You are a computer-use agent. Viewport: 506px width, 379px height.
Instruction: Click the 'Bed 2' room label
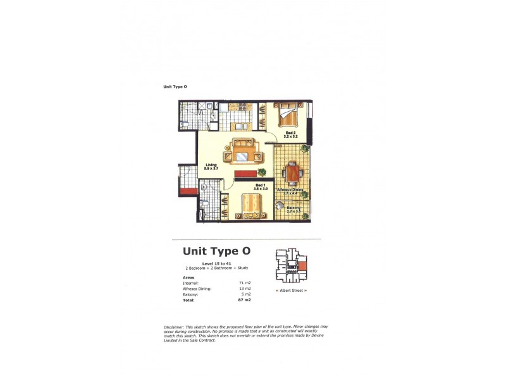pos(290,133)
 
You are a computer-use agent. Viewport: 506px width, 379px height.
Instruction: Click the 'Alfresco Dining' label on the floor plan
pos(290,189)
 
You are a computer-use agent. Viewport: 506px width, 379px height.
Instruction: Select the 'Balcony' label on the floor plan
pos(293,208)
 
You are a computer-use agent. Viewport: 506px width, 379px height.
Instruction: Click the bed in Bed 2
pos(288,114)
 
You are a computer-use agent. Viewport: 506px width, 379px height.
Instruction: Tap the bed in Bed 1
pos(252,206)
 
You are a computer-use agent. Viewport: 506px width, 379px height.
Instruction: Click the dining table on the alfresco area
pos(292,172)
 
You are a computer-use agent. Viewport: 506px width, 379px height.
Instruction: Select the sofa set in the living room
pos(244,152)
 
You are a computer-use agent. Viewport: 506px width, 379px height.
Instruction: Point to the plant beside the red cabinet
pos(262,171)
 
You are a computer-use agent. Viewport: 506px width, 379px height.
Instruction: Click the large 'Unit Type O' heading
pos(216,251)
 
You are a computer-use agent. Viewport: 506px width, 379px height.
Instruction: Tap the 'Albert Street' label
pos(292,290)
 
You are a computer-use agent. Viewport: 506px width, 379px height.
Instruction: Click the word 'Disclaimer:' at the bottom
pos(174,326)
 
